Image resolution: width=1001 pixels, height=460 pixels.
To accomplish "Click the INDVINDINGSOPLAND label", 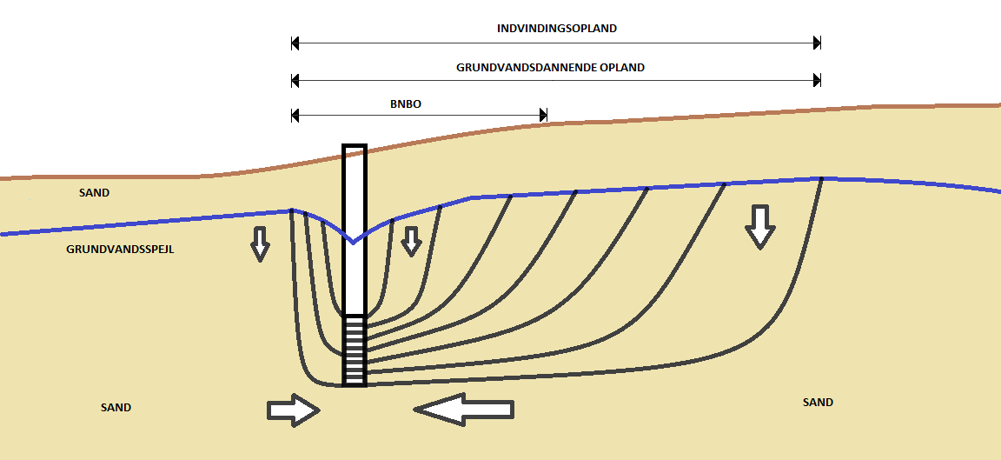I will pos(556,28).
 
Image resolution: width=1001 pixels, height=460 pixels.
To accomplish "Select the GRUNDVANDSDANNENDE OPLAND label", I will pos(550,67).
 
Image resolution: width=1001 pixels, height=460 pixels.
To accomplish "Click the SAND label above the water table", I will pos(95,192).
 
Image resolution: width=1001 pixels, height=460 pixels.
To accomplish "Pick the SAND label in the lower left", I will pos(116,407).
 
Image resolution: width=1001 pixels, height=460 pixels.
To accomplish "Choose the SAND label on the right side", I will pos(818,402).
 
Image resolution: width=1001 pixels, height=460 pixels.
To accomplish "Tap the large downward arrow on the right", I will pos(760,227).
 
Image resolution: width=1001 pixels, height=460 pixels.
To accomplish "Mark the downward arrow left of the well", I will pos(260,243).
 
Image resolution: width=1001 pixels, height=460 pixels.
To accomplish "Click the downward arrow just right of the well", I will pos(411,241).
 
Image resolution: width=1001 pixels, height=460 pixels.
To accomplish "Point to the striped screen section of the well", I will pos(355,350).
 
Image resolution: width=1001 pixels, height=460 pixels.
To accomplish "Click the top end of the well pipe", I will pos(355,147).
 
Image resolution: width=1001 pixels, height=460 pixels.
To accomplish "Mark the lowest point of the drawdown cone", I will pos(353,243).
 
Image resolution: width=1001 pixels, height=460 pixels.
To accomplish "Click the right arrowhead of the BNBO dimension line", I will pos(543,115).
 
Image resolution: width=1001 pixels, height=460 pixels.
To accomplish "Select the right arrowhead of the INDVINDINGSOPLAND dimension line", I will pos(816,42).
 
